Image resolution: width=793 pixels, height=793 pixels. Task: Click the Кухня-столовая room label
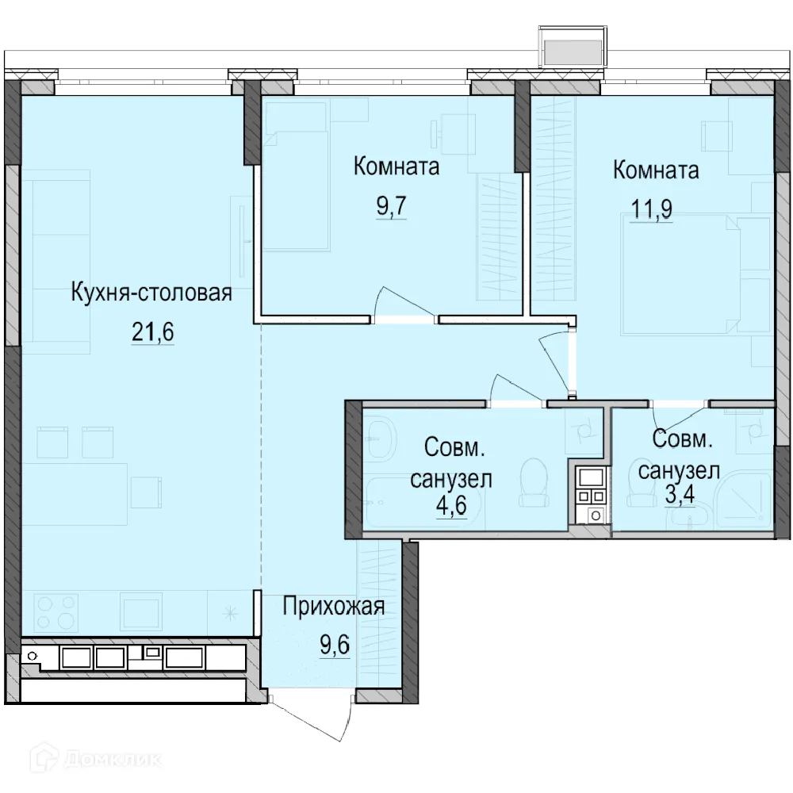[151, 293]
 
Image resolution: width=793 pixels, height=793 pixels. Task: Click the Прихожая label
[334, 607]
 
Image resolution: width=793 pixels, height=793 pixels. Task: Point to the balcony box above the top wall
[573, 44]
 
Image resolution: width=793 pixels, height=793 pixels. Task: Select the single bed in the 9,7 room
[296, 190]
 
